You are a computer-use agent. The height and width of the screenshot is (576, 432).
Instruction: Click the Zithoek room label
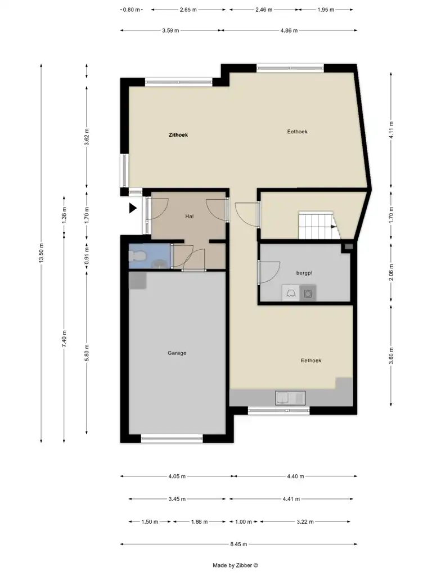[178, 135]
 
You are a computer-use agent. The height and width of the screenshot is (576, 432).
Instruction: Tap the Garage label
[177, 353]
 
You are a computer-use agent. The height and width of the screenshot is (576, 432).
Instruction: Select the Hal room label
[189, 217]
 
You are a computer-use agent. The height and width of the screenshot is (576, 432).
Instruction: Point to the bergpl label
[304, 273]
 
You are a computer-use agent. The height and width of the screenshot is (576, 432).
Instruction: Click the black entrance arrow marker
[133, 208]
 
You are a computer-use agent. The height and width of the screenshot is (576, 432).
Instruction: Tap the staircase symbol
[318, 225]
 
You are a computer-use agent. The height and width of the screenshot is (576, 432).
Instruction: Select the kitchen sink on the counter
[290, 398]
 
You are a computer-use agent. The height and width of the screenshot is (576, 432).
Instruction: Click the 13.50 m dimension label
[41, 253]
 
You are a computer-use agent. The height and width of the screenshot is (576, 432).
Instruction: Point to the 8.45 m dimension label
[238, 544]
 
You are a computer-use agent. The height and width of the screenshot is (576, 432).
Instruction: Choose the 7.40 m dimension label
[64, 338]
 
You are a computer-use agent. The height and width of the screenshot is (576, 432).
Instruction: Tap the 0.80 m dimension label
[131, 10]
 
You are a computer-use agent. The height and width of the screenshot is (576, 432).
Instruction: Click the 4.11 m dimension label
[391, 130]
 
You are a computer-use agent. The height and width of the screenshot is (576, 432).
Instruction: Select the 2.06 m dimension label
[391, 272]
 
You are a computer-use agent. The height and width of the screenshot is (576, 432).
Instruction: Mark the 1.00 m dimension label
[244, 521]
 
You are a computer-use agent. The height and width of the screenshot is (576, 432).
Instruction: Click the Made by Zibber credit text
[236, 565]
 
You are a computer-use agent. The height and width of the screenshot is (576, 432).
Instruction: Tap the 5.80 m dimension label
[87, 353]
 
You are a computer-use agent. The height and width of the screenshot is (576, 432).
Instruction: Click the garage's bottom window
[172, 438]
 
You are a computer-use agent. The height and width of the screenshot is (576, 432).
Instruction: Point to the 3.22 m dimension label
[305, 521]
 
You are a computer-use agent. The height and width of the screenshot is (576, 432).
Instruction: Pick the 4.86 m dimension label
[289, 30]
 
